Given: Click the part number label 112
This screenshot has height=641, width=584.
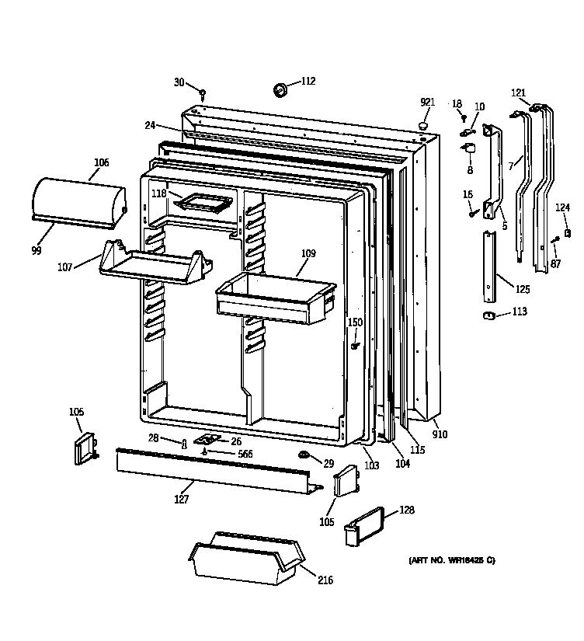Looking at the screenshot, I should pos(308,80).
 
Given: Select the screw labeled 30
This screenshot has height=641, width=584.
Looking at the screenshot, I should pos(202,94).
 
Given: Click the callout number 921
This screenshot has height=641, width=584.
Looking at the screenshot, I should pos(427,103).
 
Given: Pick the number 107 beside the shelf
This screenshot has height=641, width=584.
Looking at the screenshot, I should pos(64,267).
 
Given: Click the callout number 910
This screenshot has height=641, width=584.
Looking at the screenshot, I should pos(440,435).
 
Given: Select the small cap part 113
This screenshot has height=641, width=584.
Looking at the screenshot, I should pos(489,314).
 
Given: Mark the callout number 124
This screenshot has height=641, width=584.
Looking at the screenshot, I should pos(561,207).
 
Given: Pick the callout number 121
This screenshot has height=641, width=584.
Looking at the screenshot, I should pos(518,93).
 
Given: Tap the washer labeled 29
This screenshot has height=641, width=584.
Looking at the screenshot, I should pos(304,453).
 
